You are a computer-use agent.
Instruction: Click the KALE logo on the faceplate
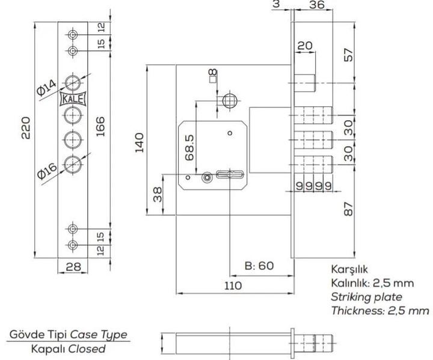[x=73, y=99]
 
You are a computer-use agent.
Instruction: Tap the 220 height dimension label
[x=25, y=128]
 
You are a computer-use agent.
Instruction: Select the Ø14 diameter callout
[x=46, y=87]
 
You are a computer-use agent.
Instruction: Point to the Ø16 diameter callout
[x=48, y=171]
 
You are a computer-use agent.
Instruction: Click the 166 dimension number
[x=100, y=127]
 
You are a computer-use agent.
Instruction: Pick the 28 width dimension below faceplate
[x=74, y=267]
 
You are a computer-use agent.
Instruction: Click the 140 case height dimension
[x=140, y=142]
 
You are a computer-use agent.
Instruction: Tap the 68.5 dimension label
[x=190, y=147]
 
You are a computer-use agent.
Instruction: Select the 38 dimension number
[x=158, y=194]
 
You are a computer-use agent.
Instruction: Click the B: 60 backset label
[x=259, y=266]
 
